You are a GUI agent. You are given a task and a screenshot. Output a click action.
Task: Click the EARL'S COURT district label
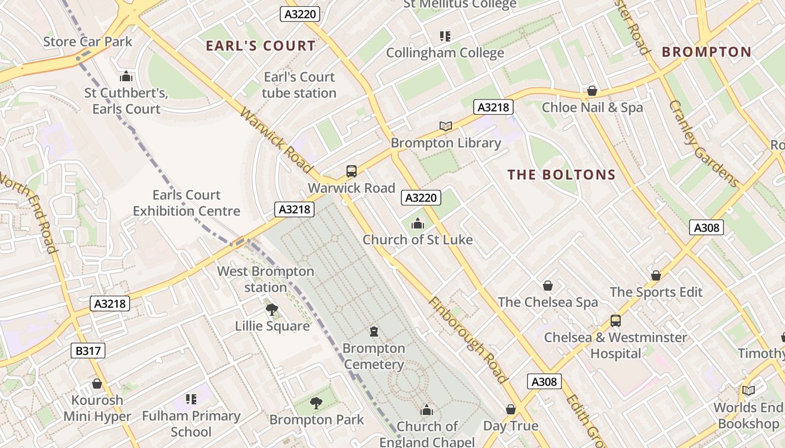click(261, 46)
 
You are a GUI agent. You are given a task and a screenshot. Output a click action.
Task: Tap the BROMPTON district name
click(706, 52)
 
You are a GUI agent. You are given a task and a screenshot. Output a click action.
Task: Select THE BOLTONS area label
click(561, 175)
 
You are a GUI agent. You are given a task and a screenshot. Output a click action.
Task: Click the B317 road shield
click(89, 351)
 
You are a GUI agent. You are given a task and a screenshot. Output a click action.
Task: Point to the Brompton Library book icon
click(446, 127)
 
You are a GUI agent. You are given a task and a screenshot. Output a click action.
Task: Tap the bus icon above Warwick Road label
click(352, 171)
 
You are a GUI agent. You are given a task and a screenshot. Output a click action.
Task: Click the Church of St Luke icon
click(417, 224)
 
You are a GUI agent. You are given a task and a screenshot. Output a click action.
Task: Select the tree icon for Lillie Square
click(271, 310)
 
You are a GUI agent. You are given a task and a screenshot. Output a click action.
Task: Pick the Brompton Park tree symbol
click(316, 403)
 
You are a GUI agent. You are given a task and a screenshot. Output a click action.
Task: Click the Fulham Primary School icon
click(191, 399)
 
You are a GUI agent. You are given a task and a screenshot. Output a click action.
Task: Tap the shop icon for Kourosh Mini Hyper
click(97, 384)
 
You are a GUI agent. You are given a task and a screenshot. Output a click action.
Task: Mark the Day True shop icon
click(511, 409)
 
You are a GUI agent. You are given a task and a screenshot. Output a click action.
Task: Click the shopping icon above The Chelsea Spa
click(548, 286)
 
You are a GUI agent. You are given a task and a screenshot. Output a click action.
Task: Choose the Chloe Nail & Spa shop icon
click(592, 91)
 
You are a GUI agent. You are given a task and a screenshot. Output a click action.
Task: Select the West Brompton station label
click(265, 279)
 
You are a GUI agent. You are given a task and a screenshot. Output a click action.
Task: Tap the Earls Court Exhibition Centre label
click(186, 203)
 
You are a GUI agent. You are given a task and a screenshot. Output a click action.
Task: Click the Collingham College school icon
click(445, 37)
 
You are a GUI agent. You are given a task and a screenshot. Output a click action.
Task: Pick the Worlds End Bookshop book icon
click(748, 390)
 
